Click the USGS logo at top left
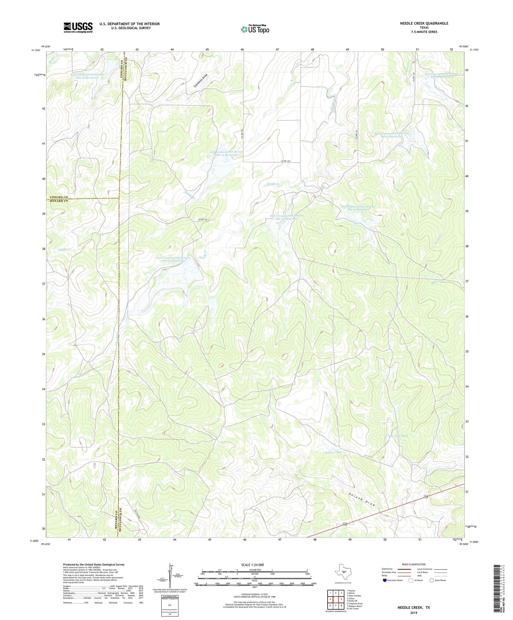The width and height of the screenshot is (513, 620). pos(78,27)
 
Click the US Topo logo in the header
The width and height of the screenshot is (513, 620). pos(255,29)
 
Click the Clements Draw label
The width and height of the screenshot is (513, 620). pos(200,82)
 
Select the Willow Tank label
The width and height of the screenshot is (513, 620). pos(333,452)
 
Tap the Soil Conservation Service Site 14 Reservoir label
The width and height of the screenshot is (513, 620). pos(173,259)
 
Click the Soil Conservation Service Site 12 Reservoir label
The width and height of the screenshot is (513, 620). pos(358,208)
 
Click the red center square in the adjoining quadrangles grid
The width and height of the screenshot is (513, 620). pos(335,599)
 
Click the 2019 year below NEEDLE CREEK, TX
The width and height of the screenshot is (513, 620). pos(413,613)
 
